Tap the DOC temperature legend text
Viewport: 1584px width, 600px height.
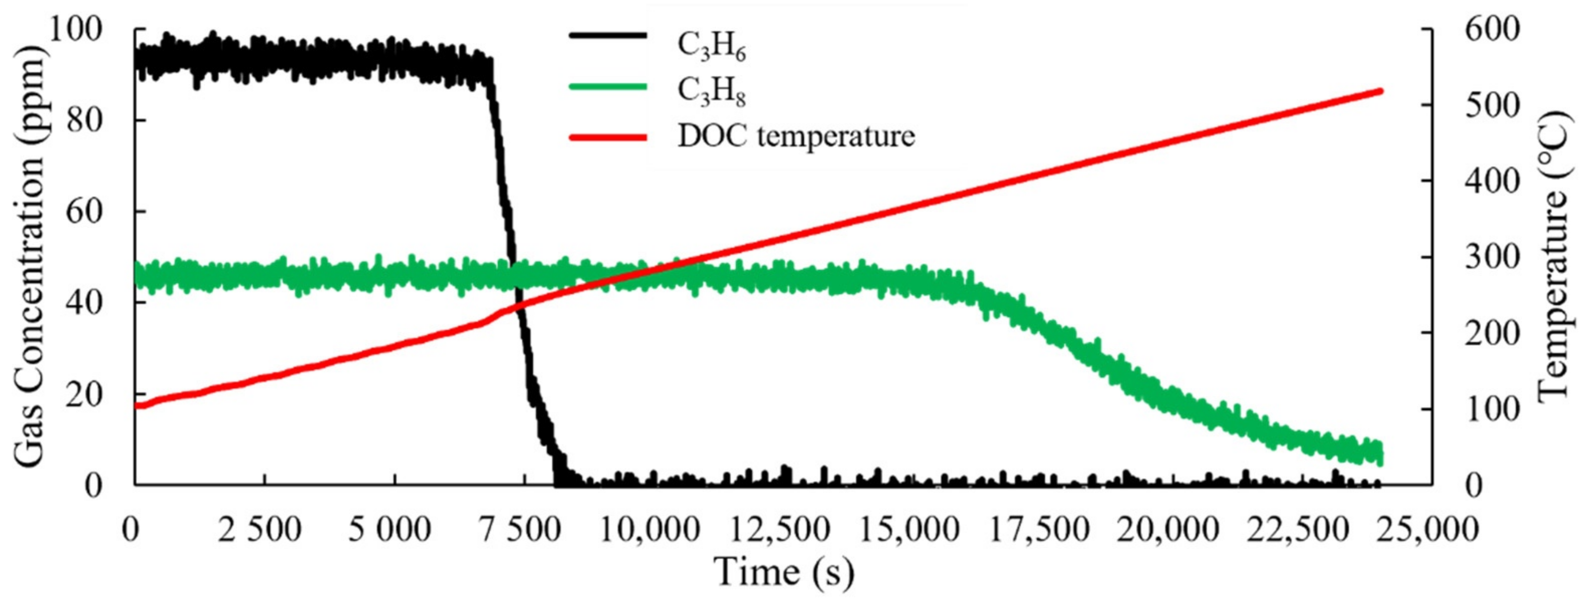tap(796, 136)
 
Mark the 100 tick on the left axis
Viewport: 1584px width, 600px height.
tap(74, 29)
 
